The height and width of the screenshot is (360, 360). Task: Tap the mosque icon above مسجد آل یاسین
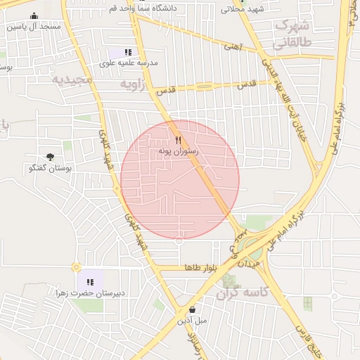[34, 16]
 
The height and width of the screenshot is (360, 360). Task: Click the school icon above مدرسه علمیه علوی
[127, 52]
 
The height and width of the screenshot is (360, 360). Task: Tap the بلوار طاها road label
[203, 268]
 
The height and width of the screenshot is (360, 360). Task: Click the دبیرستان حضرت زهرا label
[90, 292]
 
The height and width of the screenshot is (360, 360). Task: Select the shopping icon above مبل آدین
[193, 309]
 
